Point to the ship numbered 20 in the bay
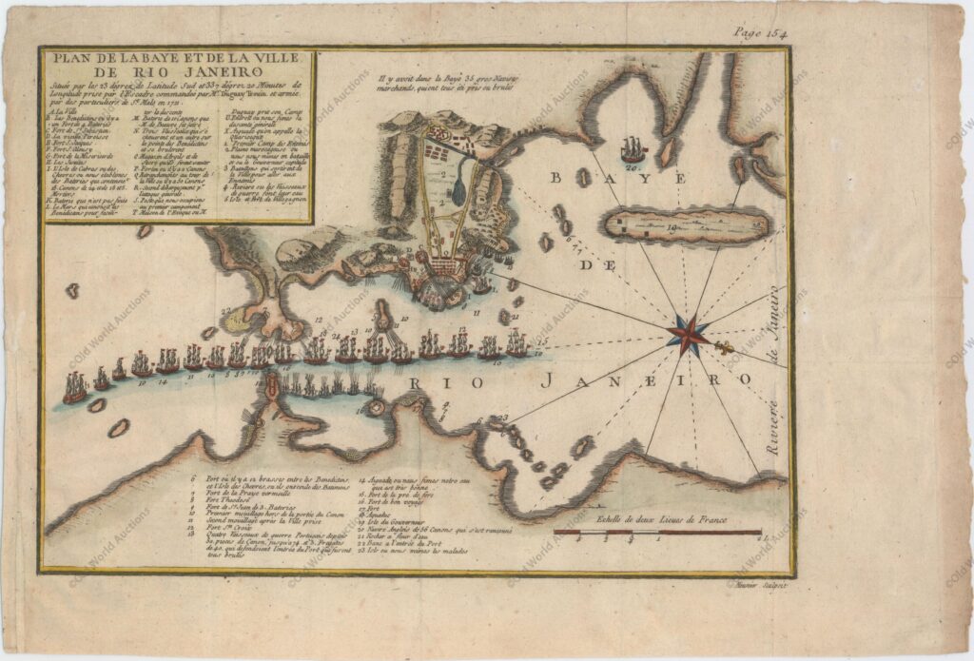[633, 150]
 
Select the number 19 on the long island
[672, 228]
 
